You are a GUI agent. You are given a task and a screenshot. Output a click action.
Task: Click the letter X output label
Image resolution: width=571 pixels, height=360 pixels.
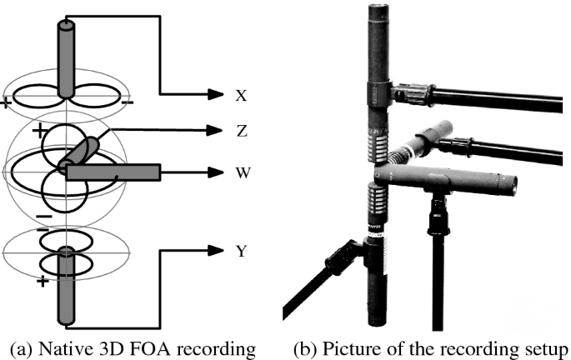(242, 96)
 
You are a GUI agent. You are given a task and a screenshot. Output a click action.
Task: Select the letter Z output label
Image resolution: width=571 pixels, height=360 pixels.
(242, 131)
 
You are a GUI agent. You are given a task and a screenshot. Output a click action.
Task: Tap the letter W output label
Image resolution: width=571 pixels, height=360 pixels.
(243, 172)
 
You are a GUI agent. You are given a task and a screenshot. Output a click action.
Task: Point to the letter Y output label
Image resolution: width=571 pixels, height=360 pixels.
(242, 250)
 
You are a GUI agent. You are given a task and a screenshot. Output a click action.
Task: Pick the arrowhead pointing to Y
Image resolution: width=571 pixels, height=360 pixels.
(215, 250)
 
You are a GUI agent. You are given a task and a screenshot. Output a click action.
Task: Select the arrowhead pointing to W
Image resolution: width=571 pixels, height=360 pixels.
(215, 172)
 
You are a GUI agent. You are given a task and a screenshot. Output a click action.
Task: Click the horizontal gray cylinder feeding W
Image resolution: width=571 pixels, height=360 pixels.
(113, 172)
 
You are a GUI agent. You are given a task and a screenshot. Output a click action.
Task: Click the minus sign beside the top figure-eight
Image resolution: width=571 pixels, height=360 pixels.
(127, 102)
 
